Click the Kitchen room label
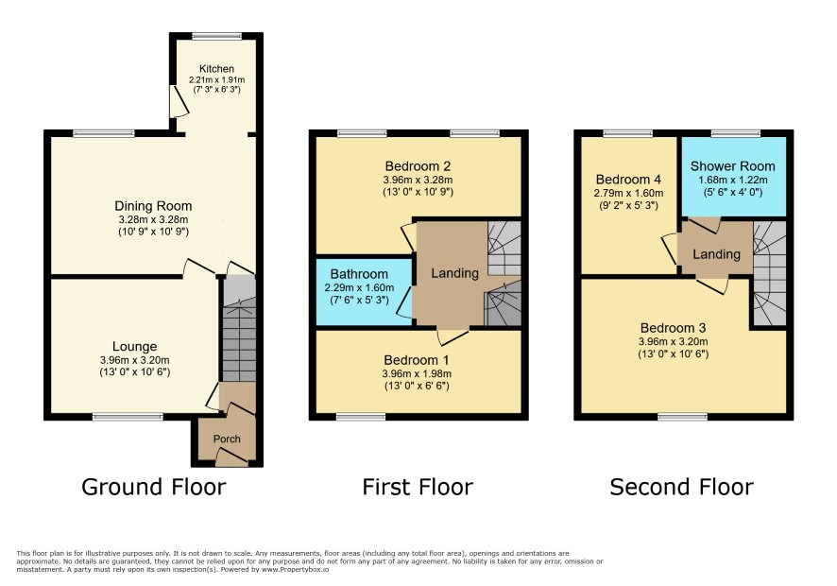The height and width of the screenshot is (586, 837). [x=216, y=69]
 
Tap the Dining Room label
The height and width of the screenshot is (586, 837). [x=153, y=206]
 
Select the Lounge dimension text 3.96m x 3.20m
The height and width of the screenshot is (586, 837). [x=134, y=360]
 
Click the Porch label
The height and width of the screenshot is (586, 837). [x=227, y=439]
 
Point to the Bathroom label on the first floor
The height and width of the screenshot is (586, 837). [x=359, y=274]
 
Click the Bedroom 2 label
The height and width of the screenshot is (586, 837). [x=418, y=166]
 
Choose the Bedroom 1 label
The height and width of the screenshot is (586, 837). [x=417, y=360]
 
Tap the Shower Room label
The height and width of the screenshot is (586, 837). [x=732, y=166]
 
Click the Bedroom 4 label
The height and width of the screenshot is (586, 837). [x=628, y=180]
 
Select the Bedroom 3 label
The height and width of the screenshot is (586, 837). [x=674, y=328]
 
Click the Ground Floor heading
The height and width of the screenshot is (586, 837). [x=154, y=487]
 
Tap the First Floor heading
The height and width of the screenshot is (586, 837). [x=418, y=487]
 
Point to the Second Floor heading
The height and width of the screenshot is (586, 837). [x=682, y=487]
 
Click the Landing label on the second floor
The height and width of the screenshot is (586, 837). [x=716, y=254]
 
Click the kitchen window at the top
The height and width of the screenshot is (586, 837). [x=216, y=36]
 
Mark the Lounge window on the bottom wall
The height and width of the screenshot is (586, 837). [x=128, y=416]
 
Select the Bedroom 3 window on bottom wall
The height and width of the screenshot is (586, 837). [x=683, y=416]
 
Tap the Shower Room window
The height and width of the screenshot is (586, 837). [x=736, y=133]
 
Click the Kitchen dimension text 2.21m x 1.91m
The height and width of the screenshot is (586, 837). [x=216, y=80]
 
